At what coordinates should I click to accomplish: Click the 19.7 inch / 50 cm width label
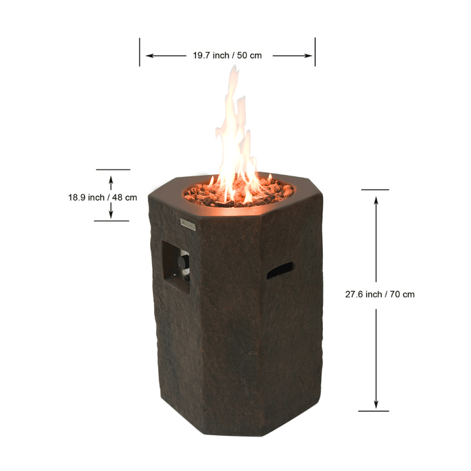(227, 55)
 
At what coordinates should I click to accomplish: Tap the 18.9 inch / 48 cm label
(102, 197)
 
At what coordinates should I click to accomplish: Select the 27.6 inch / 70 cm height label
(379, 294)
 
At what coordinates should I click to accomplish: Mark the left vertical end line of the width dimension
(140, 52)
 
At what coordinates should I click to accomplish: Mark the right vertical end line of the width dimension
(315, 52)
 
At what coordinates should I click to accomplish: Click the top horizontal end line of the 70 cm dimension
(375, 190)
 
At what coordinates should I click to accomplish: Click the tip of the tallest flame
(234, 67)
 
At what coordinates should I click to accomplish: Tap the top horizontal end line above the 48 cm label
(112, 170)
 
